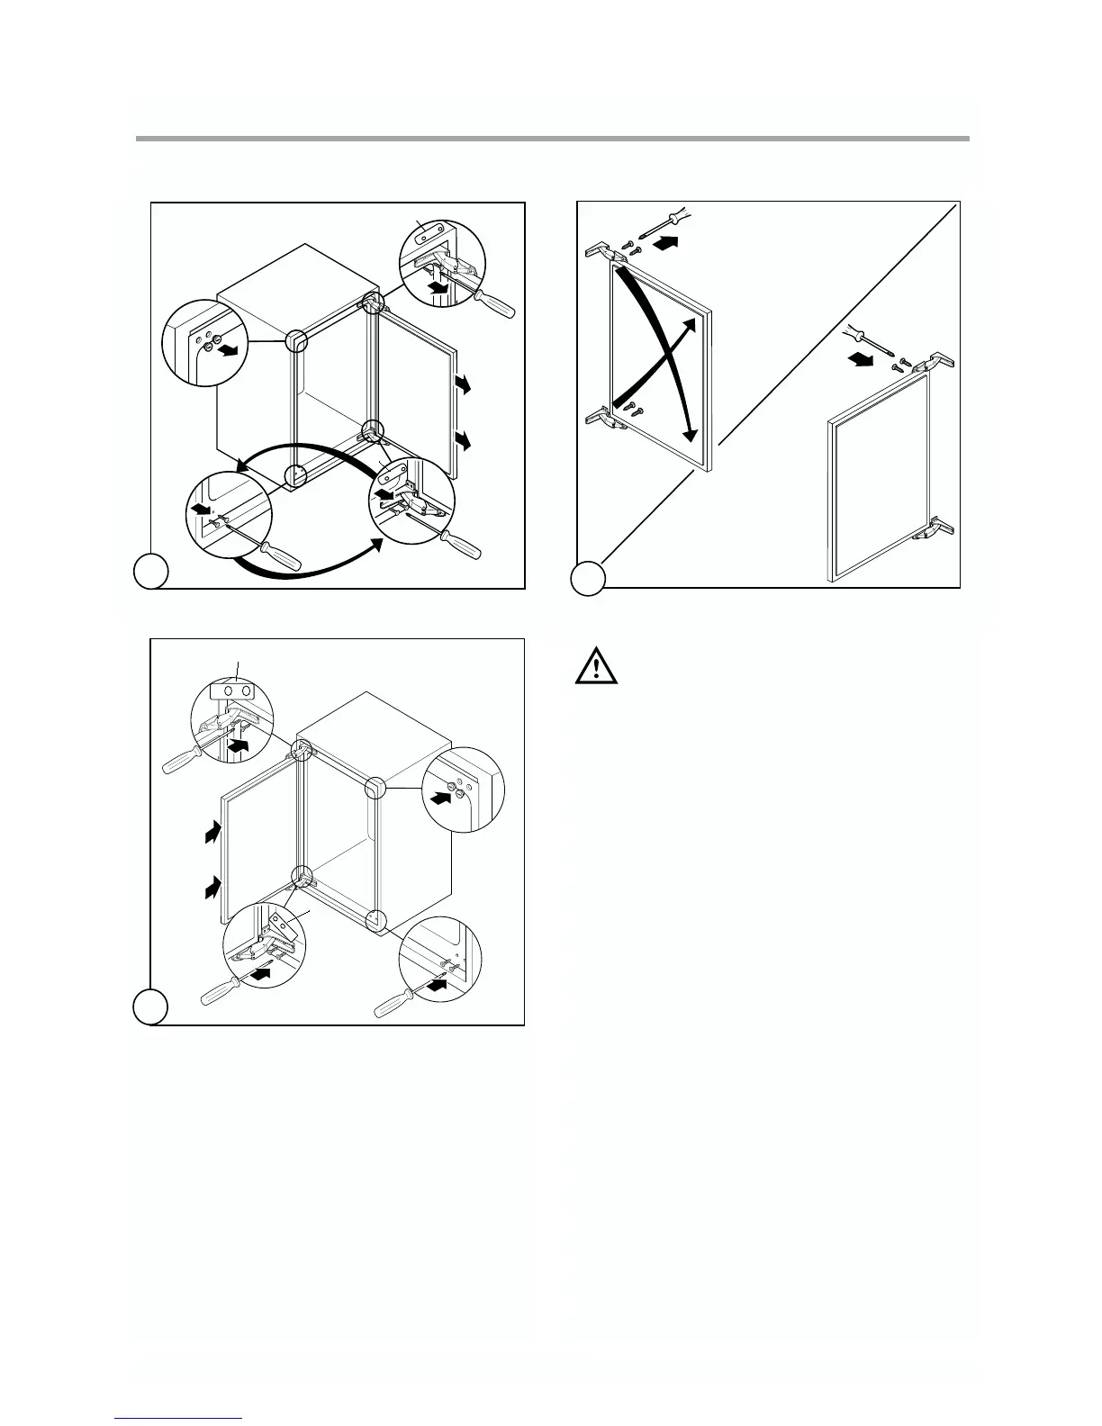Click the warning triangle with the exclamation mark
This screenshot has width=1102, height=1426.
593,667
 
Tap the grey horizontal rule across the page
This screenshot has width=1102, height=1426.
552,139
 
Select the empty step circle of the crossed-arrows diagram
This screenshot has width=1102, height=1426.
589,578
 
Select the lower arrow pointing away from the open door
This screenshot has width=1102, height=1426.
464,440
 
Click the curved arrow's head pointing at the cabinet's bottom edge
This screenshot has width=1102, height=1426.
239,465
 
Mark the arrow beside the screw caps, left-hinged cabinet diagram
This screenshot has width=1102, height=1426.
439,797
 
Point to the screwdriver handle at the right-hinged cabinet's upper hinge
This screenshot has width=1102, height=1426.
498,305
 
